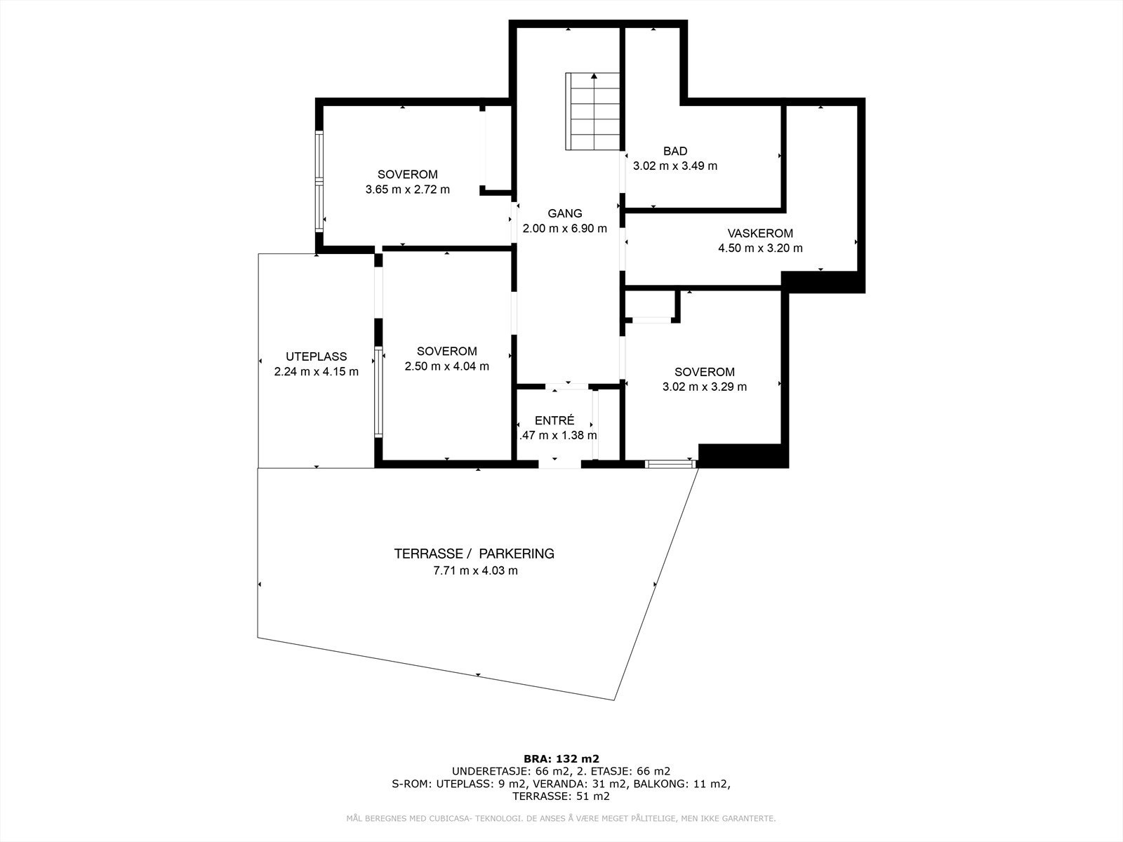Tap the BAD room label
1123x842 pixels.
point(675,151)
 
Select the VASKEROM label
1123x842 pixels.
point(760,233)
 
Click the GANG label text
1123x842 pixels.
point(564,213)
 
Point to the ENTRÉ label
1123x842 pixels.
point(554,420)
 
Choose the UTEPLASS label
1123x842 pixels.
point(316,356)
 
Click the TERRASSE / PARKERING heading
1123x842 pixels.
point(474,554)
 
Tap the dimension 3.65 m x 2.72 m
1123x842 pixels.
point(407,189)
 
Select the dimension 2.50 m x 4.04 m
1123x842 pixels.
point(446,366)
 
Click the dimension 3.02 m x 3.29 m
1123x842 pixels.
point(704,387)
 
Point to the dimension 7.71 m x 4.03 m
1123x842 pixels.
point(475,570)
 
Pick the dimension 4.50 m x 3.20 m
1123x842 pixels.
point(760,248)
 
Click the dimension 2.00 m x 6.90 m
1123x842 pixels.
point(564,229)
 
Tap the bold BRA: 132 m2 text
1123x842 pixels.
point(561,759)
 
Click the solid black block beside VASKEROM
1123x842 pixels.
point(823,282)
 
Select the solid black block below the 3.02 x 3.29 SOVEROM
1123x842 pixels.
point(743,456)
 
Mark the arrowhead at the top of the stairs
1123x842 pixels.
point(594,76)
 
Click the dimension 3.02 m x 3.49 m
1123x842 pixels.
point(675,166)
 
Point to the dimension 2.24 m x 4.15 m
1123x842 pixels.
point(316,372)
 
